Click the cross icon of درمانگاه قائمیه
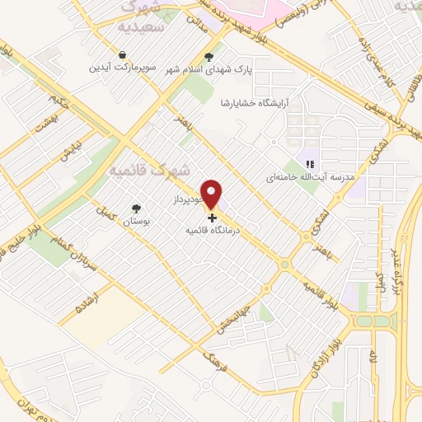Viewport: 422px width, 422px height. (213, 218)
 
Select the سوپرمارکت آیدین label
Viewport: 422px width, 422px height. (122, 67)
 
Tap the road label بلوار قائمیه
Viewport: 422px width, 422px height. (315, 289)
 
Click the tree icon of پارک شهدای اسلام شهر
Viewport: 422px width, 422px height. (209, 58)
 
